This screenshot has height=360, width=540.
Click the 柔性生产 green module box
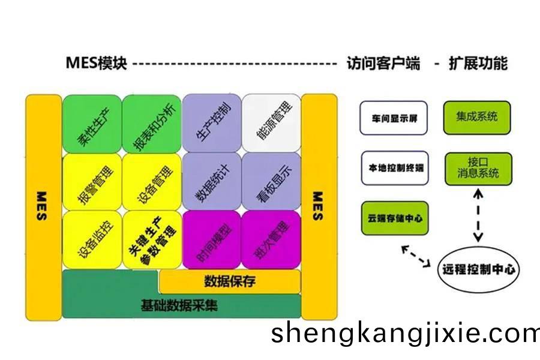tap(92, 124)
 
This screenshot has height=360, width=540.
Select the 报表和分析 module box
tap(152, 124)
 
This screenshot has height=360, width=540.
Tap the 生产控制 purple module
tap(212, 123)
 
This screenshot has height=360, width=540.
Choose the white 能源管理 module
tap(271, 123)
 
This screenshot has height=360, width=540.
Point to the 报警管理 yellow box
tap(92, 182)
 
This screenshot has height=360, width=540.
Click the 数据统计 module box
tap(212, 182)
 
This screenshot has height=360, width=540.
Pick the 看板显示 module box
tap(271, 182)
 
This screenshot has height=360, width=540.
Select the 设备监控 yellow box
tap(92, 240)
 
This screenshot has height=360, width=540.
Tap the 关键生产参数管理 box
tap(152, 240)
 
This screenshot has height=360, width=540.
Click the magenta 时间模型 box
tap(212, 240)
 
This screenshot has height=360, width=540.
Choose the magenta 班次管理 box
tap(271, 240)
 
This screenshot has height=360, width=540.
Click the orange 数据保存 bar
tap(230, 281)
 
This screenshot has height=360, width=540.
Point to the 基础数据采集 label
tap(179, 305)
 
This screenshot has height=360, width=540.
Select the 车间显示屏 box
tap(394, 118)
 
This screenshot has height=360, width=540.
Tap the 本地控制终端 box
tap(395, 168)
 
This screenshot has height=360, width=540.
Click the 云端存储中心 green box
tap(395, 218)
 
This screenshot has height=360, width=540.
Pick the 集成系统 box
tap(477, 118)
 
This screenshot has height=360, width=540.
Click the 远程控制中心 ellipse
tap(478, 269)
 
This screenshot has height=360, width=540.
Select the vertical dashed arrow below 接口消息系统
tap(478, 215)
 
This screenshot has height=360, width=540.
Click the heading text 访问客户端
tap(383, 64)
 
